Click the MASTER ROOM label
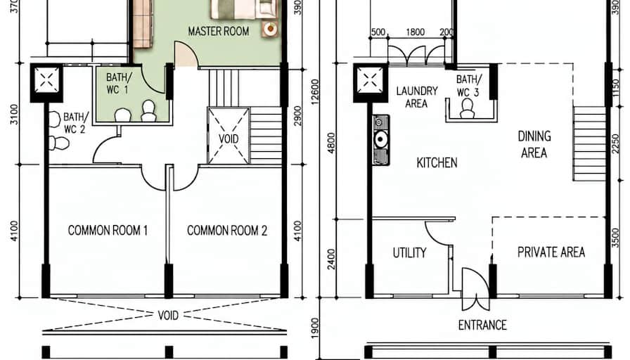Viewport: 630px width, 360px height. (x=219, y=32)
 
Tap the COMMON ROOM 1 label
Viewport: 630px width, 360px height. (x=108, y=230)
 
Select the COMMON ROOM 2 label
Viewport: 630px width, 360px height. (x=227, y=230)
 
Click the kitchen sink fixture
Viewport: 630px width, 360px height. (x=380, y=140)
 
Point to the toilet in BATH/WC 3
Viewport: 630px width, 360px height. (x=467, y=109)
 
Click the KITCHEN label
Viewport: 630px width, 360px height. (x=437, y=162)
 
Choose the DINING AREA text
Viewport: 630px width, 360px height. (x=534, y=145)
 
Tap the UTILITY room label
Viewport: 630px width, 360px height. (x=409, y=252)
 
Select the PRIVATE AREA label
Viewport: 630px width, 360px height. (x=551, y=252)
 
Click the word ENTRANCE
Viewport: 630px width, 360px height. (x=482, y=325)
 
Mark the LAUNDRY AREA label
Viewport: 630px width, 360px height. (x=417, y=97)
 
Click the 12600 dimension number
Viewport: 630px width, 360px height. (x=315, y=91)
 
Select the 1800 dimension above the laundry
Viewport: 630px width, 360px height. (x=416, y=32)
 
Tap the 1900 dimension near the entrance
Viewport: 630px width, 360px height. (x=315, y=328)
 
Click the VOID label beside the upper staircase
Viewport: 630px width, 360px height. (x=229, y=139)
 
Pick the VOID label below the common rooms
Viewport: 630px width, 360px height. (x=168, y=316)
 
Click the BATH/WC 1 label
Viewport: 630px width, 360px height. (x=117, y=83)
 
